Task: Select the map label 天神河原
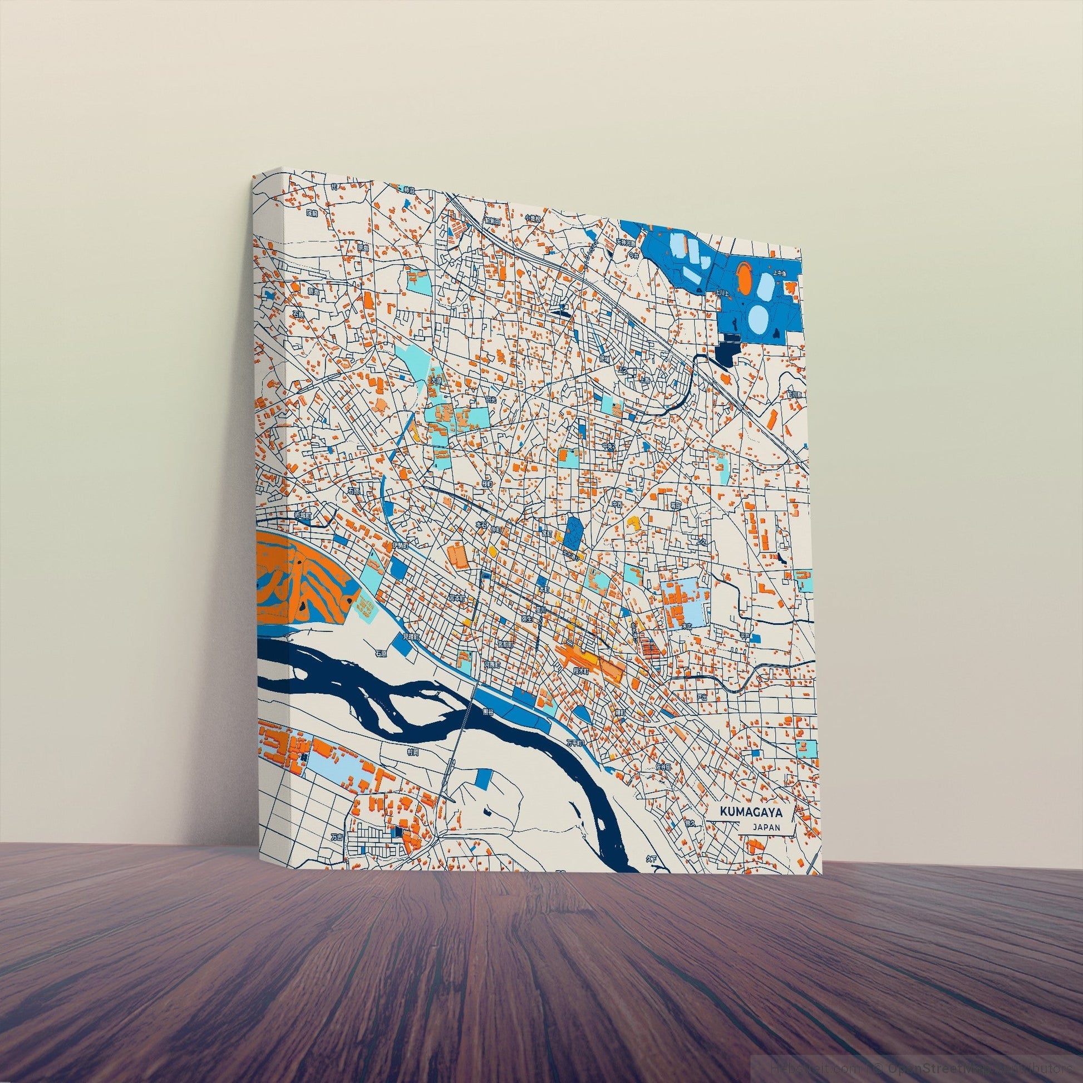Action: click(x=627, y=242)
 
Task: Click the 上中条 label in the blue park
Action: click(x=780, y=274)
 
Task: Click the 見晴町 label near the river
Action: click(x=411, y=637)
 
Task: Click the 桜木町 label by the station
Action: click(x=578, y=670)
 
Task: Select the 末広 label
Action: click(x=687, y=624)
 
